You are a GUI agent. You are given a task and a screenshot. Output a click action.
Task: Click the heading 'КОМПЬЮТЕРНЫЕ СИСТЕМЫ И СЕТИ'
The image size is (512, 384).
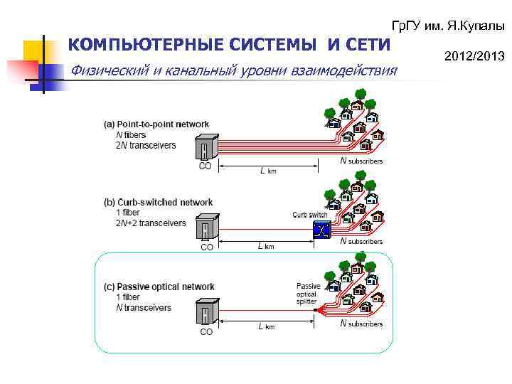pyautogui.click(x=229, y=46)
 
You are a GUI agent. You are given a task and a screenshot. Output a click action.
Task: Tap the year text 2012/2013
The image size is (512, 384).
pyautogui.click(x=474, y=55)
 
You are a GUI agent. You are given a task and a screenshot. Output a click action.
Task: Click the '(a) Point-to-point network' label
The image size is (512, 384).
pyautogui.click(x=157, y=124)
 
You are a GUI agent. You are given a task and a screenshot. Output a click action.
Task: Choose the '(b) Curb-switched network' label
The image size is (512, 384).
pyautogui.click(x=159, y=203)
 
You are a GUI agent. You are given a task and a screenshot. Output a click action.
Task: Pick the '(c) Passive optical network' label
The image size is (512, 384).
pyautogui.click(x=159, y=287)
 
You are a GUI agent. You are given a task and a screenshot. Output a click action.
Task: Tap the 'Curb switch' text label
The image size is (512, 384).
pyautogui.click(x=310, y=215)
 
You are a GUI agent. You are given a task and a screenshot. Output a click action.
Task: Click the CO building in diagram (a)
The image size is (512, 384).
pyautogui.click(x=205, y=147)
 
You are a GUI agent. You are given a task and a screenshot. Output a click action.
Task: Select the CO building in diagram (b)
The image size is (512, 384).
pyautogui.click(x=206, y=228)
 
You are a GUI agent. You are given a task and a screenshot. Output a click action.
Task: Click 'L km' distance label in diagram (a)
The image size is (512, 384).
pyautogui.click(x=267, y=171)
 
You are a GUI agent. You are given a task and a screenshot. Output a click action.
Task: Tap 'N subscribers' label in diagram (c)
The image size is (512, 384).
pyautogui.click(x=361, y=324)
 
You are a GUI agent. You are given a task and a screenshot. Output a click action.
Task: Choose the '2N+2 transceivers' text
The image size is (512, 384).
pyautogui.click(x=151, y=223)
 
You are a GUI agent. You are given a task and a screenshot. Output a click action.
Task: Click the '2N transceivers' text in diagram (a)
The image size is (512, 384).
pyautogui.click(x=146, y=144)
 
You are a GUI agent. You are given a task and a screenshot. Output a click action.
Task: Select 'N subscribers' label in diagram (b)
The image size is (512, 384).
pyautogui.click(x=361, y=242)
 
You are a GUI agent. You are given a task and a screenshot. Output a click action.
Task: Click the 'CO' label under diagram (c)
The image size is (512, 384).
pyautogui.click(x=206, y=331)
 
